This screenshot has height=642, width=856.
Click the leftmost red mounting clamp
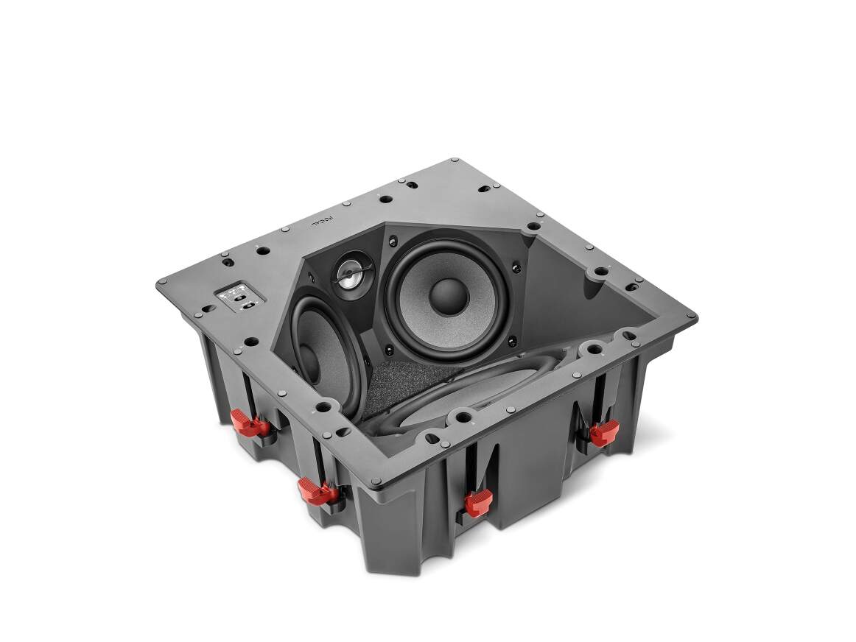(x=250, y=423)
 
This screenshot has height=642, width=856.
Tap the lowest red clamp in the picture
(x=478, y=503)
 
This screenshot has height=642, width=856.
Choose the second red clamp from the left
(x=315, y=489)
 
